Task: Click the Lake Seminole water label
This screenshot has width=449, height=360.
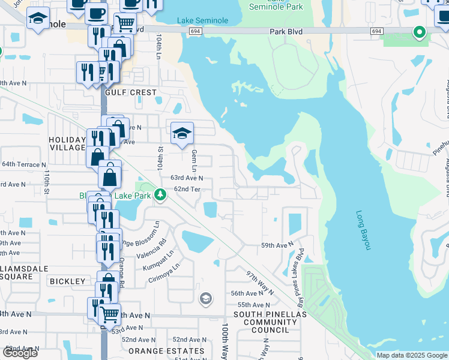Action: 202,21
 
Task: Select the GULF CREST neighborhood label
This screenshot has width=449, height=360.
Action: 130,93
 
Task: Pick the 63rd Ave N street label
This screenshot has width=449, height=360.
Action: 187,178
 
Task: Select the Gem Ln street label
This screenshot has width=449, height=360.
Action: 194,159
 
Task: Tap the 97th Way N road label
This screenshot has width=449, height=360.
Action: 259,282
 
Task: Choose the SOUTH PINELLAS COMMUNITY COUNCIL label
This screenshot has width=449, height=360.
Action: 270,322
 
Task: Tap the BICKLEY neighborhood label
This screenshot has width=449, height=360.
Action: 68,281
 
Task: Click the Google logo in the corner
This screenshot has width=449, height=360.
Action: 20,353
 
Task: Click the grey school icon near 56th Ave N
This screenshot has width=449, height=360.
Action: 205,299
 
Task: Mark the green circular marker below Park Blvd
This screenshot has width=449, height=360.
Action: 419,32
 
